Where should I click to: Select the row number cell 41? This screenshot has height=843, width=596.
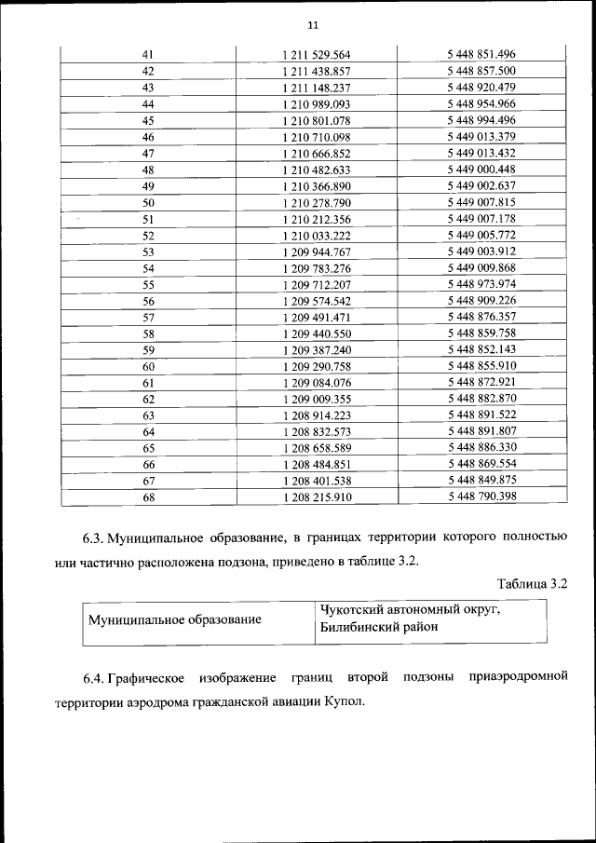pos(148,55)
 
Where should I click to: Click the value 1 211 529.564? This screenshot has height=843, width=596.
pos(316,55)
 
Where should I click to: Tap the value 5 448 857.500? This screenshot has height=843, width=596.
pos(481,71)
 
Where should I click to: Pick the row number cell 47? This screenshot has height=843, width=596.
pos(148,153)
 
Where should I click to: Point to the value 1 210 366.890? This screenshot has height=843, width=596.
pos(316,185)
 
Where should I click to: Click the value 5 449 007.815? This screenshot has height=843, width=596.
pos(481,202)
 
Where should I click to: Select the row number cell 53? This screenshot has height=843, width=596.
pos(148,252)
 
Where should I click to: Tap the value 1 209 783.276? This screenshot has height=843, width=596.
pos(316,268)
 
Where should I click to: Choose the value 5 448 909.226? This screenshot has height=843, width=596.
pos(481,301)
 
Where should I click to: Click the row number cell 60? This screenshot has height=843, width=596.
pos(148,366)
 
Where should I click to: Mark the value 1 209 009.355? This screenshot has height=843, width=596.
pos(316,399)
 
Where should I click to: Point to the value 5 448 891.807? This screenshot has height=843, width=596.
pos(481,431)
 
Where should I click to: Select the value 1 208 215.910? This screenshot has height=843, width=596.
pos(316,497)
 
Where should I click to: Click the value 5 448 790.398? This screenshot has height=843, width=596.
pos(481,497)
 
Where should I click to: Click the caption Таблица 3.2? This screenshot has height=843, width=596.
pos(533,584)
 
